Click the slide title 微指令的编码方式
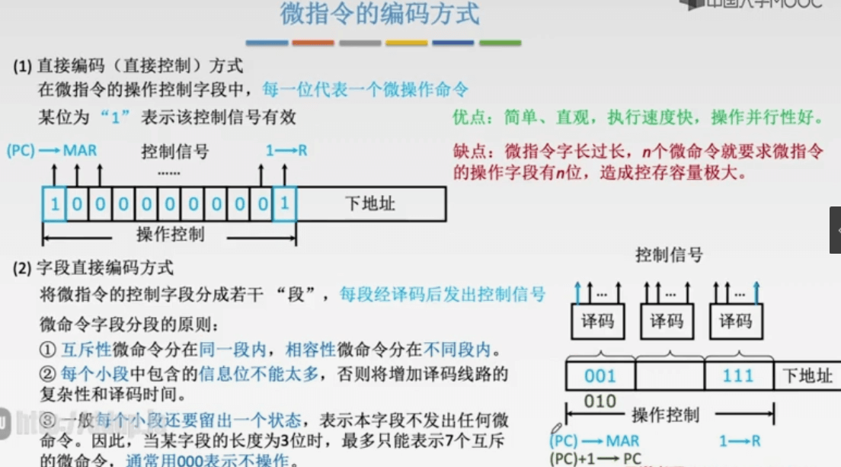point(380,14)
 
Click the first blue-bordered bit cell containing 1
point(54,204)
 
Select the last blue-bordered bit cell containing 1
point(284,204)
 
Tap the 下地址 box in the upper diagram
point(370,204)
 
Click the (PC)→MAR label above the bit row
point(52,150)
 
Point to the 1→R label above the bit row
point(286,150)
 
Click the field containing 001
point(600,376)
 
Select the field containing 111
point(737,376)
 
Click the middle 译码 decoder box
point(667,321)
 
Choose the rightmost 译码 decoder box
point(735,321)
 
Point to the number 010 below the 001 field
point(600,401)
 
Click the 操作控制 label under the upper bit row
point(170,234)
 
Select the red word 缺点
point(469,151)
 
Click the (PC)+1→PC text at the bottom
point(596,459)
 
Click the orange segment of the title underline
point(313,43)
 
